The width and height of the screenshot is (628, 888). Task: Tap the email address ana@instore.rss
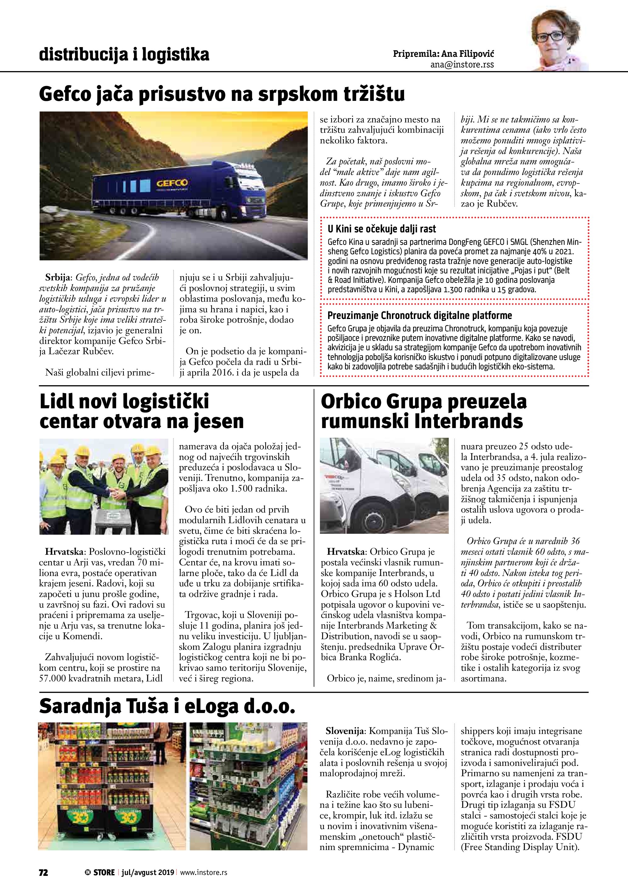click(462, 65)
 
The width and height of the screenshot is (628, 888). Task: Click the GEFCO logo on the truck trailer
click(172, 183)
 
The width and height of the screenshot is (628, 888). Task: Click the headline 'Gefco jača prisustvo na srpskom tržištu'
click(222, 94)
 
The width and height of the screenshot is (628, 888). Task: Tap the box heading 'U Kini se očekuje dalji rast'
click(382, 229)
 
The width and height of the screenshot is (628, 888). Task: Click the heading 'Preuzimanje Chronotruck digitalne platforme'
click(420, 316)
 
